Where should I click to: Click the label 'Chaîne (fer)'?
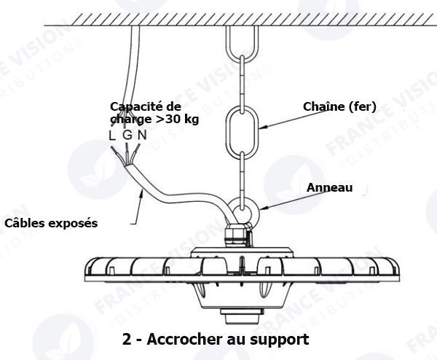click(339, 107)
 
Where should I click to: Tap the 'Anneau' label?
click(329, 187)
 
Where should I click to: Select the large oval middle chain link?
click(241, 128)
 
